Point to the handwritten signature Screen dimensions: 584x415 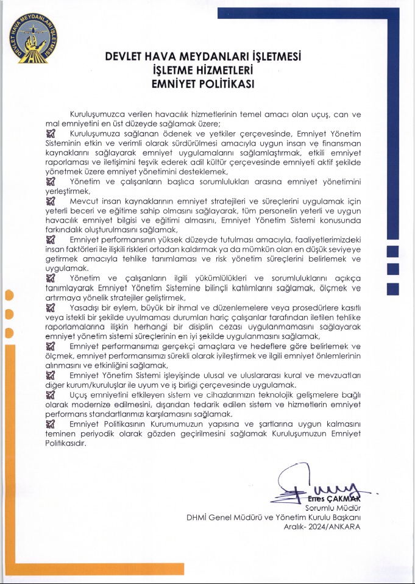click(317, 485)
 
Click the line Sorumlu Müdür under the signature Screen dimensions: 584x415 click(333, 507)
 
